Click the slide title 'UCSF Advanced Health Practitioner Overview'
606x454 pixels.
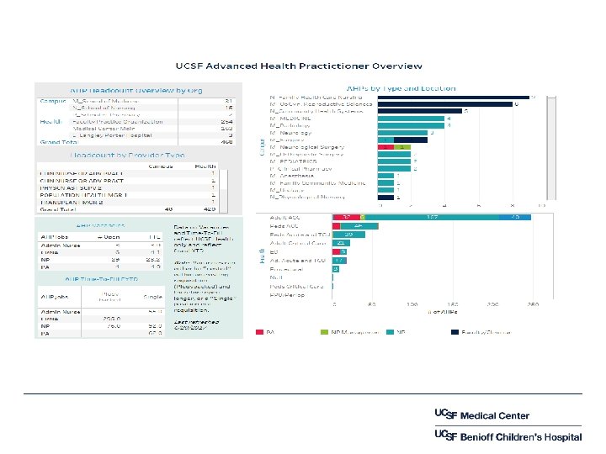298,66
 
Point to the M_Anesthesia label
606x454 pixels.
291,175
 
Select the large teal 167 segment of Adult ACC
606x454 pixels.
430,217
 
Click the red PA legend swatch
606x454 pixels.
263,333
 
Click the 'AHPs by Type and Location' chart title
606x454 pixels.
401,87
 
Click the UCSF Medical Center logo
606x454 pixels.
481,415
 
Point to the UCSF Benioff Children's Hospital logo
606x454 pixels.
507,436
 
